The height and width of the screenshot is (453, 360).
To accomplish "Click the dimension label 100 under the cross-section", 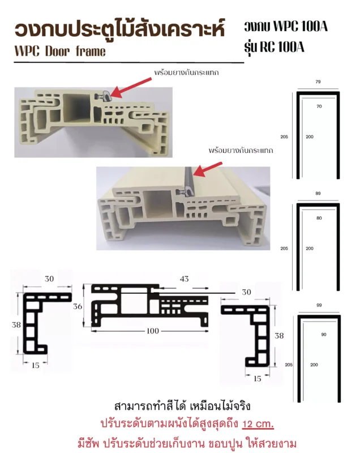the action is tap(153, 331).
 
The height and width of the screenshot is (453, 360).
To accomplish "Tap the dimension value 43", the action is tap(184, 279).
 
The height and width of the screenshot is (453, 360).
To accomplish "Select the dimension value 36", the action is tap(78, 306).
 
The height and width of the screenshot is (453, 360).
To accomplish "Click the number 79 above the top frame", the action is tap(318, 82).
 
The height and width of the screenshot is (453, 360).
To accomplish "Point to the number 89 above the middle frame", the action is tap(318, 193).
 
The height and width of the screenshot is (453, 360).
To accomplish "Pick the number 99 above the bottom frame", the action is tap(319, 305).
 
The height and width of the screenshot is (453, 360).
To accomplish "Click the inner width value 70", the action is tap(319, 106).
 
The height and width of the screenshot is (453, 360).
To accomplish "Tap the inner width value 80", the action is tap(319, 218).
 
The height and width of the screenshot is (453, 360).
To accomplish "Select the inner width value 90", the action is tap(324, 335).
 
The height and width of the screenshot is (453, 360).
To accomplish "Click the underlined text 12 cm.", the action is tap(258, 424).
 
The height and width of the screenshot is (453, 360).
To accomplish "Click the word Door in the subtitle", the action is tap(57, 52).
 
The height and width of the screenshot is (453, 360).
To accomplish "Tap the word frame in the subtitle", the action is tap(91, 52).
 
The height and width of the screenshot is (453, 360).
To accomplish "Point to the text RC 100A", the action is tap(282, 47).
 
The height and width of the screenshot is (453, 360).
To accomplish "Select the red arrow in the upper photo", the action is tap(131, 87).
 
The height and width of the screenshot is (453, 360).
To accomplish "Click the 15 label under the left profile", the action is tap(36, 365).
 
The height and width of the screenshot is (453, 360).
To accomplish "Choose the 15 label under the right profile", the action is tap(257, 379).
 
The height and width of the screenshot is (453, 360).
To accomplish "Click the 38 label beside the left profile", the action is tap(16, 324).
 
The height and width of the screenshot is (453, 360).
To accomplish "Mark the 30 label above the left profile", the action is tap(49, 279).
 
